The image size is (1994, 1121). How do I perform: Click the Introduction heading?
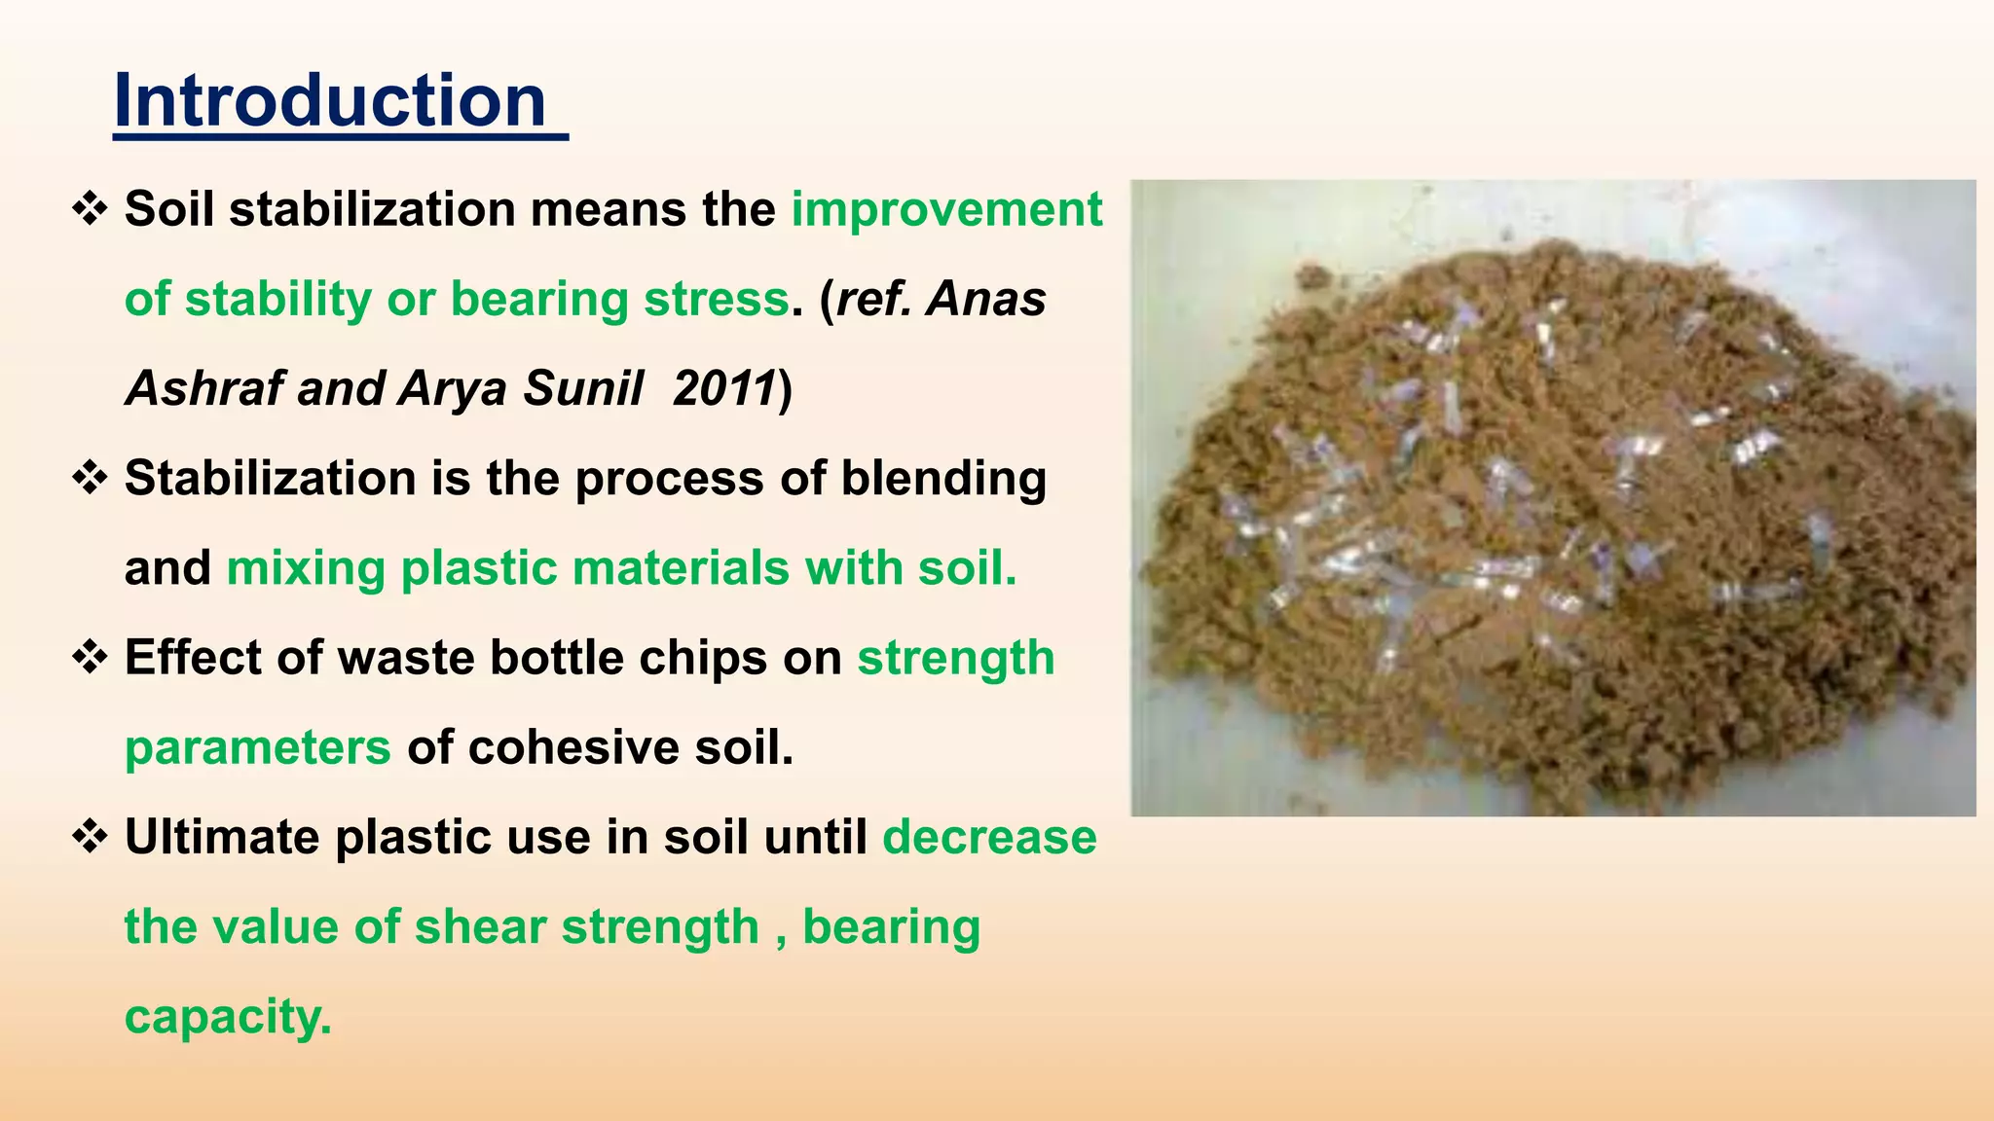[331, 101]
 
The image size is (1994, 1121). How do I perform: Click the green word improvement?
[946, 209]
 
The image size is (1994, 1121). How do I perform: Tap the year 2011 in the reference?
[723, 388]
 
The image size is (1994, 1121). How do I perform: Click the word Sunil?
[582, 388]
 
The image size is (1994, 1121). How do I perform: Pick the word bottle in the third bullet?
[556, 658]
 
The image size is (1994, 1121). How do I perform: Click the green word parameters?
[257, 747]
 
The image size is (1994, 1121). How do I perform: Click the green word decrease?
[989, 837]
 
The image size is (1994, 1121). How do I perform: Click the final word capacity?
[227, 1017]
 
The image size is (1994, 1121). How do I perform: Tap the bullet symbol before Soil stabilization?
[90, 209]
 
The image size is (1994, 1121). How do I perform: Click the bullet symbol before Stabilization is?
[90, 479]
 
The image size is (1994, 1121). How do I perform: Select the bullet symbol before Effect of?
[90, 658]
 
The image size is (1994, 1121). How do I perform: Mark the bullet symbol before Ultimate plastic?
[90, 837]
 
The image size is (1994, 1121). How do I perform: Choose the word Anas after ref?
[985, 299]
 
